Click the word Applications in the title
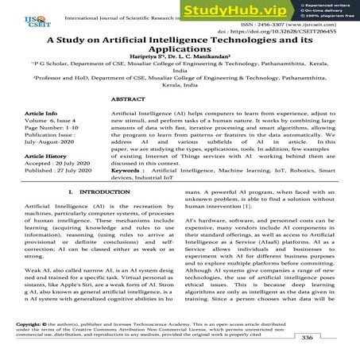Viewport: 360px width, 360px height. point(180,59)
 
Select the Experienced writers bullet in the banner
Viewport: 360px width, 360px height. point(328,6)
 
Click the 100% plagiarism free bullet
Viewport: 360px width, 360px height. point(329,17)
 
